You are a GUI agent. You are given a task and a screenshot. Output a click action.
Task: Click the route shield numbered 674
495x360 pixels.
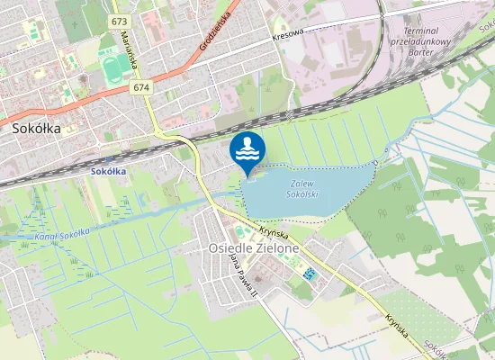point(139,87)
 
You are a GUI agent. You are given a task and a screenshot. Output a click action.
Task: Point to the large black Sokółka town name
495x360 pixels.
point(37,129)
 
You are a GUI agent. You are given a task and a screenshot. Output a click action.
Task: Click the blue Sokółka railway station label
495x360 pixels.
point(109,170)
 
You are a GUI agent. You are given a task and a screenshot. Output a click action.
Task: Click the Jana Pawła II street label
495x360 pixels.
point(239,274)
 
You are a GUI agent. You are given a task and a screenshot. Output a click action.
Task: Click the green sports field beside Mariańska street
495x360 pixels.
point(113,68)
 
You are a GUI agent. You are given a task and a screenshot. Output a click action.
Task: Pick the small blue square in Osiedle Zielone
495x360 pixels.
point(310,273)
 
